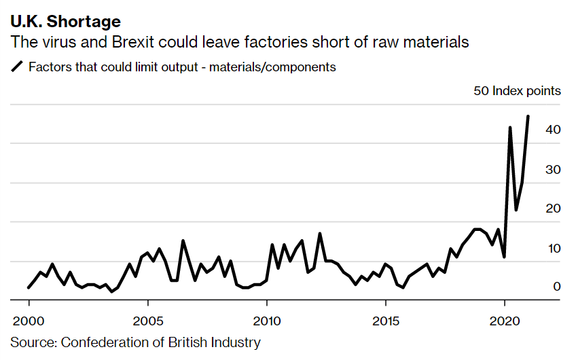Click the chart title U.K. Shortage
pos(65,22)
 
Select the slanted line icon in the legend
pos(17,67)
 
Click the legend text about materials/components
pos(182,67)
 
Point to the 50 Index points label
pos(517,91)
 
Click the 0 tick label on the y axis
pos(556,287)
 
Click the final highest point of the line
pos(528,116)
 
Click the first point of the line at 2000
pos(29,287)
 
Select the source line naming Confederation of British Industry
pos(136,342)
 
